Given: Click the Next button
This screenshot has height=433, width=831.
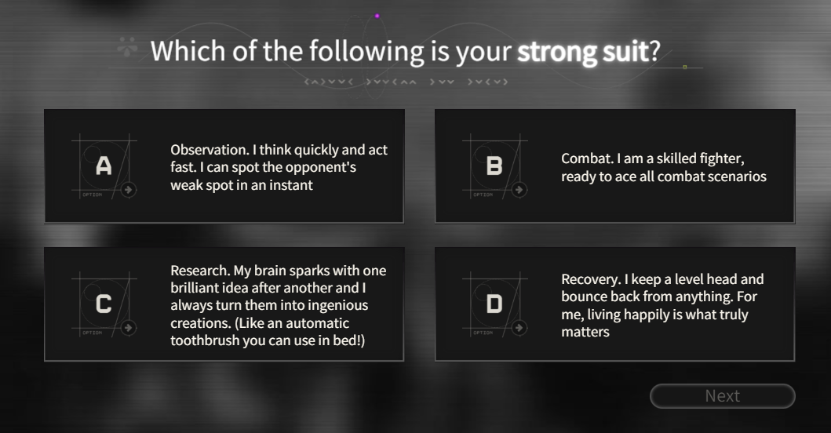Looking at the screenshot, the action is pyautogui.click(x=723, y=396).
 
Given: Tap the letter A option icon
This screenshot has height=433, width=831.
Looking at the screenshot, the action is pyautogui.click(x=104, y=166).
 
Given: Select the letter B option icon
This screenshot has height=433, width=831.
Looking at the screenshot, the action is pyautogui.click(x=494, y=166).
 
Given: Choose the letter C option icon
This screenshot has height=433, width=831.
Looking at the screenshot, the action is pyautogui.click(x=104, y=304).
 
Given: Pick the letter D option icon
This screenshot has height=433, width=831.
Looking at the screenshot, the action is pyautogui.click(x=494, y=304).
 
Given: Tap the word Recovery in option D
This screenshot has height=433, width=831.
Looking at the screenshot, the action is pyautogui.click(x=591, y=279).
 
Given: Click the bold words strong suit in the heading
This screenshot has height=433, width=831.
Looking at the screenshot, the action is pyautogui.click(x=584, y=52).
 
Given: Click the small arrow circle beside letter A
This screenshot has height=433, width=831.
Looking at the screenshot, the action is pyautogui.click(x=128, y=190).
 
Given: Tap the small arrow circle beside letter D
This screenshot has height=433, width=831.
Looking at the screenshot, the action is pyautogui.click(x=519, y=328).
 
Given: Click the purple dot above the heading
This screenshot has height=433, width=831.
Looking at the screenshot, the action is pyautogui.click(x=377, y=16).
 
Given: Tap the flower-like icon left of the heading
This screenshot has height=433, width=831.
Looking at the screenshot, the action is pyautogui.click(x=127, y=46).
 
